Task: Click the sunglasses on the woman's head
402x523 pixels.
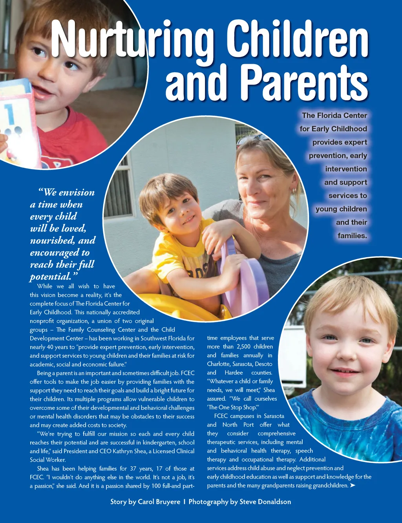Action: pos(252,140)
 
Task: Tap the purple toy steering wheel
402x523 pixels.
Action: pos(243,275)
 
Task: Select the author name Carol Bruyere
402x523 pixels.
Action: pos(159,502)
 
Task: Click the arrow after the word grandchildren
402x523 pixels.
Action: pos(353,486)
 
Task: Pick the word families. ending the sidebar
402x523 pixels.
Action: pos(352,236)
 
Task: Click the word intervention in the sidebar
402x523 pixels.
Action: pos(346,169)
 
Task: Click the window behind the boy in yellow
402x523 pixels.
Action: pos(118,189)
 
